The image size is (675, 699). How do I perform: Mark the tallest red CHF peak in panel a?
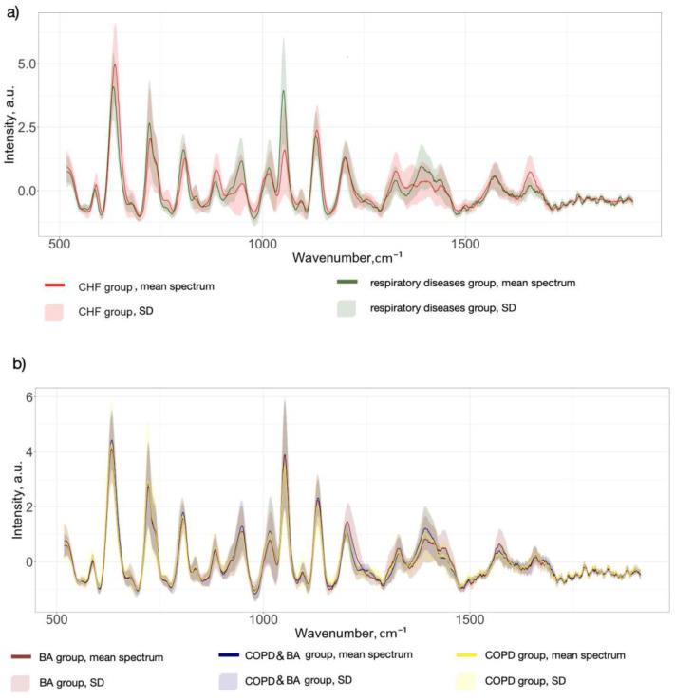[115, 64]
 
